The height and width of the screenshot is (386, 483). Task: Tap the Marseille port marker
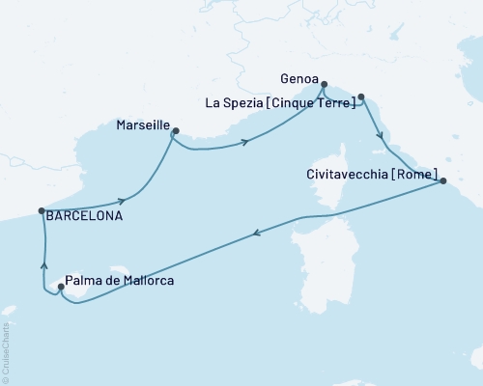point(176,132)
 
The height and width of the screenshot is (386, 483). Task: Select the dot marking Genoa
point(324,84)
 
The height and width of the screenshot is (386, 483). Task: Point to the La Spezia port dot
point(360,96)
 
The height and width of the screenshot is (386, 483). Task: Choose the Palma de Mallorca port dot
point(62,286)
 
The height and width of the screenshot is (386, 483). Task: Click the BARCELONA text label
point(85,217)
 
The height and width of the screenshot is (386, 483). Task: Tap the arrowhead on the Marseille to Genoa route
point(246,143)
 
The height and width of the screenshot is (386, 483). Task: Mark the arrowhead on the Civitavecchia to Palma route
point(256,233)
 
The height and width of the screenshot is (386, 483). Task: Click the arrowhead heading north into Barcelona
point(43,257)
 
